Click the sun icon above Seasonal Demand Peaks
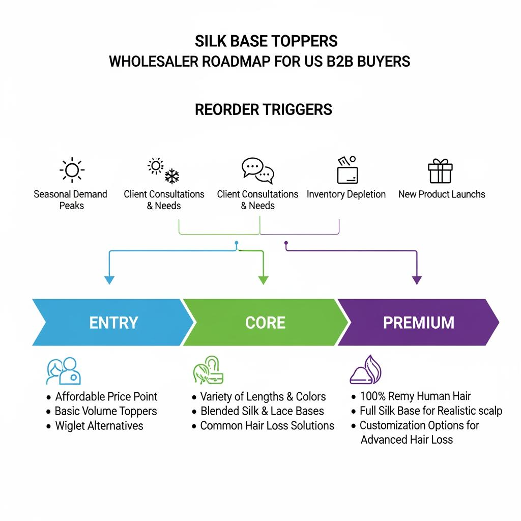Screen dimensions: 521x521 [x=72, y=170]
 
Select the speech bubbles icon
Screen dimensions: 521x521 [x=258, y=170]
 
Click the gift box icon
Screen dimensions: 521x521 [x=440, y=171]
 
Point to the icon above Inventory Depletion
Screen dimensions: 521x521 [x=347, y=170]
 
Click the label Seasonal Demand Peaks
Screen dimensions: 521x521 [x=71, y=199]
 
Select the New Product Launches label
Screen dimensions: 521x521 [x=442, y=194]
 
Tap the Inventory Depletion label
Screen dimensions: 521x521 [x=346, y=194]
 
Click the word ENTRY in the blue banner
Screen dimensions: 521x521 [x=113, y=323]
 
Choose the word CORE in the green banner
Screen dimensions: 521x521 [x=265, y=323]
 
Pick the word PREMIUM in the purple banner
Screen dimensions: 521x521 [x=418, y=323]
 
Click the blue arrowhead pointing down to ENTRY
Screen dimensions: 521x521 [x=109, y=279]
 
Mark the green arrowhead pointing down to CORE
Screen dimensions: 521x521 [x=263, y=279]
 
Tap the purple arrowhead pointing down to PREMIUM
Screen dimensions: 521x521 [x=417, y=279]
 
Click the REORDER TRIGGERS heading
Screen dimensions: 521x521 [x=264, y=109]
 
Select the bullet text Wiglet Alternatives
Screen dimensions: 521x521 [x=99, y=426]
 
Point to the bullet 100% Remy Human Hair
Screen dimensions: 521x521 [x=415, y=396]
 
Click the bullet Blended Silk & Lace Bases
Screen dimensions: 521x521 [x=262, y=411]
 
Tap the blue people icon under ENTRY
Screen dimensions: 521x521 [x=64, y=370]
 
